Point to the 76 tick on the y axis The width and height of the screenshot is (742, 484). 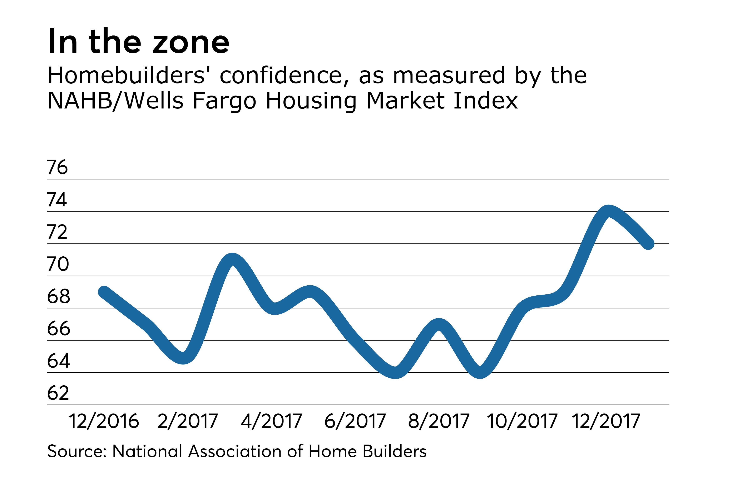tap(57, 167)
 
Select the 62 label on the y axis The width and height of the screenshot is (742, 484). tap(58, 393)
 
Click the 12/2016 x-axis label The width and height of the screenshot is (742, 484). tap(104, 421)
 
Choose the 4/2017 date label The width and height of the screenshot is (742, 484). tap(271, 421)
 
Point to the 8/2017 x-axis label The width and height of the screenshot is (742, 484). tap(438, 421)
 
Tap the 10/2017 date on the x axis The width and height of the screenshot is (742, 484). tap(522, 421)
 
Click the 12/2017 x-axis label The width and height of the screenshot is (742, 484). tap(605, 421)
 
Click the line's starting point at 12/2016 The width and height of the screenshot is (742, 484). tap(104, 292)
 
